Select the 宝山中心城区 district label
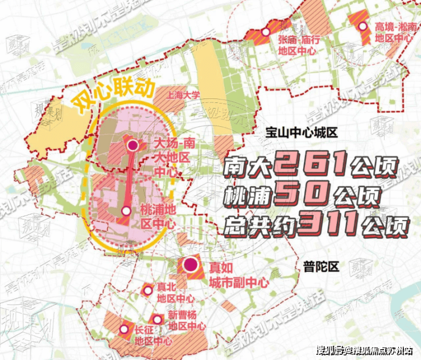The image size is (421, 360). pyautogui.click(x=302, y=133)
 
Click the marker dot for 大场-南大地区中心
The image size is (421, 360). pyautogui.click(x=133, y=146)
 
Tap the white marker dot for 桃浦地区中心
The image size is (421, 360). pyautogui.click(x=126, y=210)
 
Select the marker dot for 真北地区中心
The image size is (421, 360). pyautogui.click(x=147, y=290)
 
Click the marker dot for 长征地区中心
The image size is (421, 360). pyautogui.click(x=123, y=329)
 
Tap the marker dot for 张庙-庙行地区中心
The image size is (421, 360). pyautogui.click(x=265, y=32)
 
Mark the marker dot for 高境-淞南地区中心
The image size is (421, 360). pyautogui.click(x=363, y=26)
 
